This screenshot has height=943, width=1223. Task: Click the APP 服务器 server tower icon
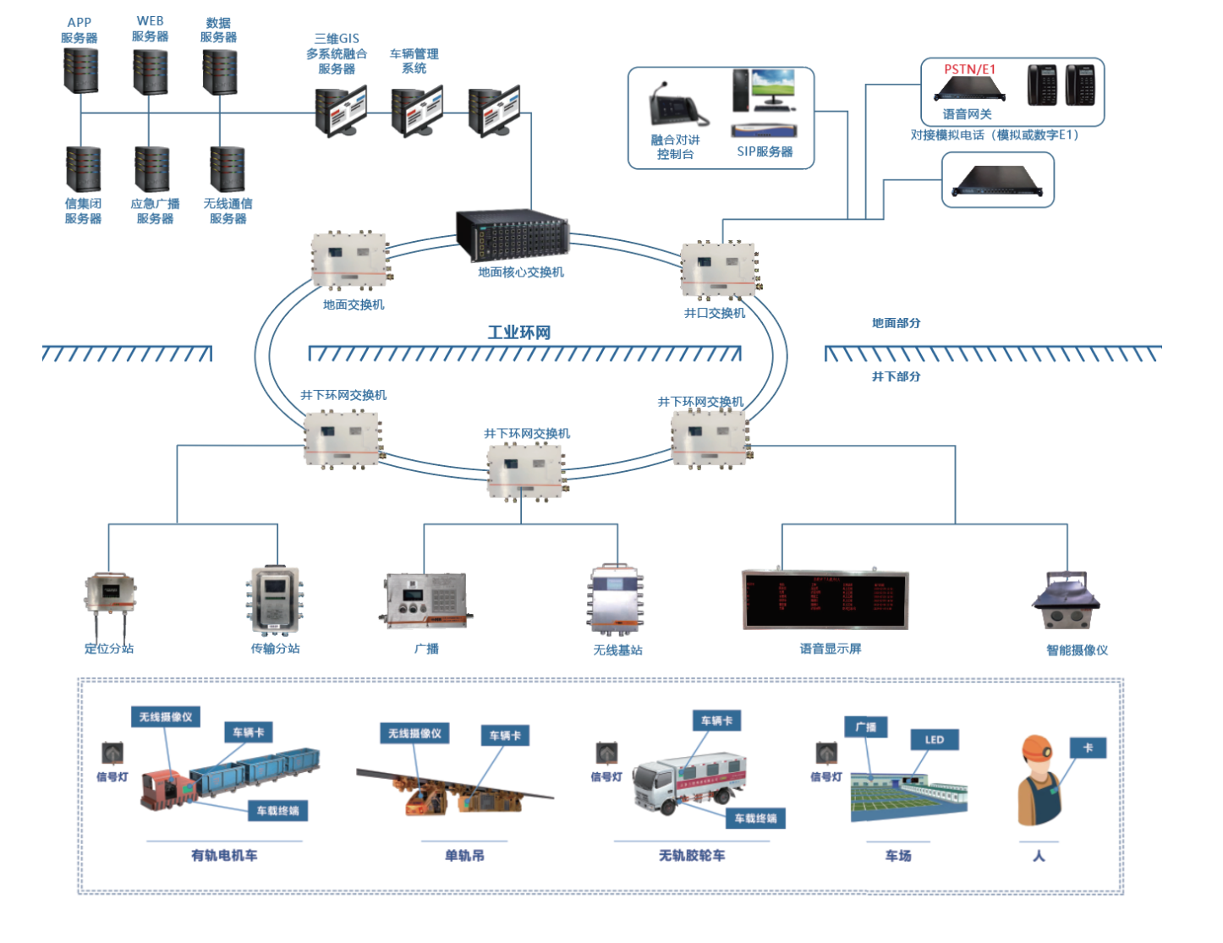pos(81,70)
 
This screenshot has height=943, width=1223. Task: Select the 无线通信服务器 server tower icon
pos(228,169)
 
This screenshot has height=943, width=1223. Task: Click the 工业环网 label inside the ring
pos(518,332)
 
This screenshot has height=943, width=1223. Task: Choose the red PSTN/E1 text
pos(969,69)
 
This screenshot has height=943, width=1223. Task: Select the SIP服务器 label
pos(765,152)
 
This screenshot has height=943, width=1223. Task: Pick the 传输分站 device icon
pos(275,600)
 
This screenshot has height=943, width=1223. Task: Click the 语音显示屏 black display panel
pos(825,600)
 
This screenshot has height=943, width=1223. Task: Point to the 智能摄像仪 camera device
pos(1066,603)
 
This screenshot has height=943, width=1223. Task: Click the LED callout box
pos(935,740)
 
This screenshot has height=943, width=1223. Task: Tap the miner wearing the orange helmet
pos(1039,781)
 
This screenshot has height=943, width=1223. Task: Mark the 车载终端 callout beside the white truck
pos(755,819)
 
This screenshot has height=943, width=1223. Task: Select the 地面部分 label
pos(896,323)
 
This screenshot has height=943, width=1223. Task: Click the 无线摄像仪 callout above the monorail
pos(414,733)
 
